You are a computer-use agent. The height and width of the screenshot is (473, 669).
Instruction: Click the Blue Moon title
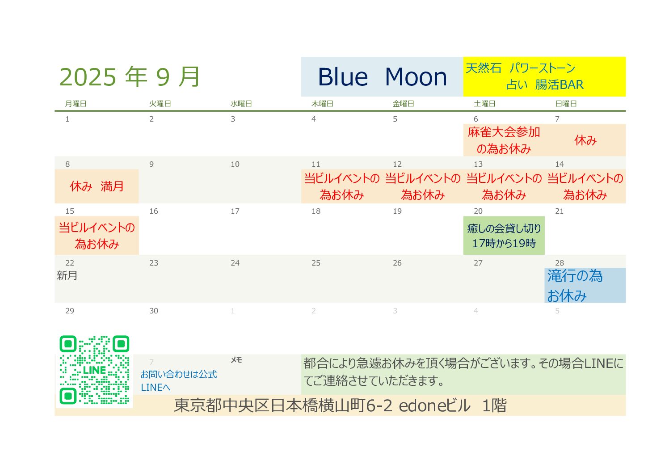382,77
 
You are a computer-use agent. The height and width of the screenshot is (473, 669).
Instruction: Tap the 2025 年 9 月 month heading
129,77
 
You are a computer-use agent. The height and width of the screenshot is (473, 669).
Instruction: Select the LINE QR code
94,370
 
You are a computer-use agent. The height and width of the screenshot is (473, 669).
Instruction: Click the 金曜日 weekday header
403,104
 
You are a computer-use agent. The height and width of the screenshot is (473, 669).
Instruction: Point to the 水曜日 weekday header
241,104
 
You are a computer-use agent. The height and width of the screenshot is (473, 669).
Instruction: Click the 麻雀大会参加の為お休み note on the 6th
504,140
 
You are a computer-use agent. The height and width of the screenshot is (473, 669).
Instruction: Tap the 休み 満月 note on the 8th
97,186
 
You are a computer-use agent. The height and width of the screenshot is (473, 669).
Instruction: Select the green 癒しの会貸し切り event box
504,236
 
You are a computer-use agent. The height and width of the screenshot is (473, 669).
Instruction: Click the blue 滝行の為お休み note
575,286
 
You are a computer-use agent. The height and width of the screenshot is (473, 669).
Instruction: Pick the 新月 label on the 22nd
67,275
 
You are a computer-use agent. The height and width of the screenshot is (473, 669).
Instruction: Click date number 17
235,211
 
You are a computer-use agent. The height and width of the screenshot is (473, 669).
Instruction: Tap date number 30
154,311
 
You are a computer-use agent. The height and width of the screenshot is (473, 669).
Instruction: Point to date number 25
316,263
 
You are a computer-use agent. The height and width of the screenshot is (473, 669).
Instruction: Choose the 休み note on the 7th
585,140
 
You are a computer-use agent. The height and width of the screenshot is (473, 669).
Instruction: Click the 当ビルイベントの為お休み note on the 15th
97,236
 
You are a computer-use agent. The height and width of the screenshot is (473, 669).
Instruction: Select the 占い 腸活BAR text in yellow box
544,84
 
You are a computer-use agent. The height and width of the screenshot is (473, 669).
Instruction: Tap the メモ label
236,360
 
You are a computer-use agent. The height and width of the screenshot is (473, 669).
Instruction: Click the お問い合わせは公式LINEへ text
179,380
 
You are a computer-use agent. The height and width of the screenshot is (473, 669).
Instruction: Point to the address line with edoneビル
340,406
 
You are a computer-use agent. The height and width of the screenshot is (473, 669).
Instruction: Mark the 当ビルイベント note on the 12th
423,186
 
